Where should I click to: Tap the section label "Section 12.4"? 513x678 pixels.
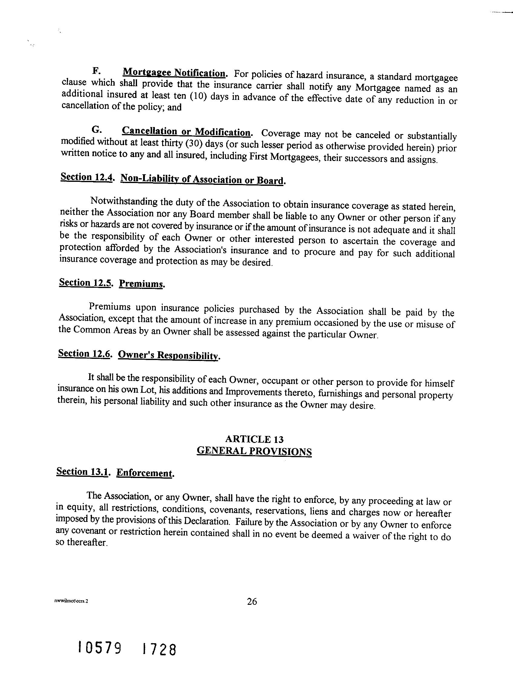(86, 178)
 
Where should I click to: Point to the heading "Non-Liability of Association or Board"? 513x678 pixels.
(202, 179)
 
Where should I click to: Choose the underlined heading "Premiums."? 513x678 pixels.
(141, 284)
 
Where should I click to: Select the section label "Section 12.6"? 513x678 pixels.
(84, 354)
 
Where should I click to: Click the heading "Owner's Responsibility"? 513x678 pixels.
(169, 355)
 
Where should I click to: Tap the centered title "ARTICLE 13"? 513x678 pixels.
(254, 439)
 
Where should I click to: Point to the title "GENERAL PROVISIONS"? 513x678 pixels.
(254, 451)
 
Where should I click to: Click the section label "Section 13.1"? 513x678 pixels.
(83, 471)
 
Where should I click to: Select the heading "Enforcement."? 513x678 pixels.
(145, 473)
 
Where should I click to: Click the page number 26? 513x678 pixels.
(252, 602)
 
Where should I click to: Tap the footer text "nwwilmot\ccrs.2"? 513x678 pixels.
(71, 601)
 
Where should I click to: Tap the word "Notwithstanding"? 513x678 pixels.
(123, 202)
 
